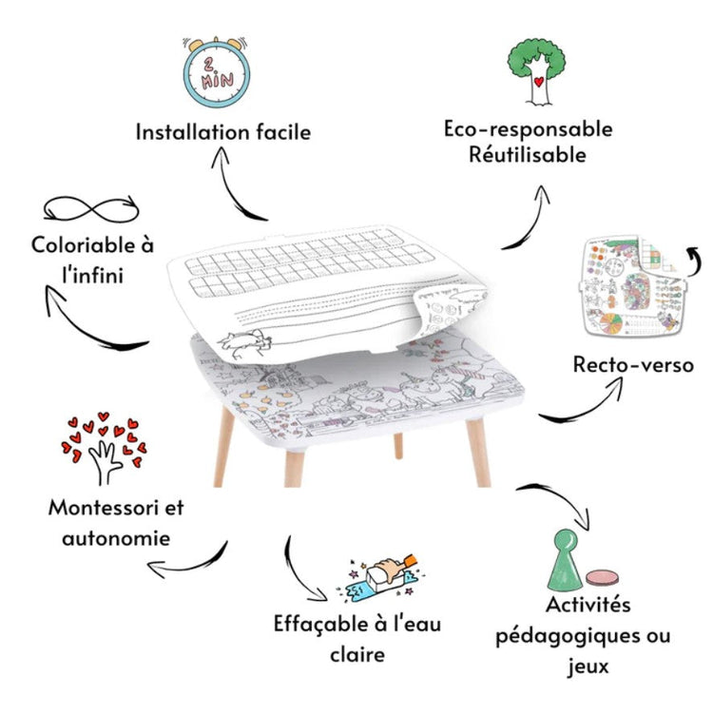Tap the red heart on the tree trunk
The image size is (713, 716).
(539, 82)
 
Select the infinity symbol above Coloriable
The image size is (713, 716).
(91, 209)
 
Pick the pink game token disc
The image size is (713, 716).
(603, 577)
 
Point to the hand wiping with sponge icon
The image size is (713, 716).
(382, 577)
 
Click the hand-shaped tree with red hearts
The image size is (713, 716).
(104, 448)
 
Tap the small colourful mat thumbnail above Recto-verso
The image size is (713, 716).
(633, 287)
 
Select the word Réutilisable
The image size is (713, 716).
(528, 155)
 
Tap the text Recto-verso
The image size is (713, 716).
(633, 365)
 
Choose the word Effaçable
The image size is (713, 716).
(320, 625)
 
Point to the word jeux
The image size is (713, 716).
(588, 667)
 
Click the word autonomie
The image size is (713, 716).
(116, 539)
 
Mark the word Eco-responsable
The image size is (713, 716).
(529, 129)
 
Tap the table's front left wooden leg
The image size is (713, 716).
(224, 447)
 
